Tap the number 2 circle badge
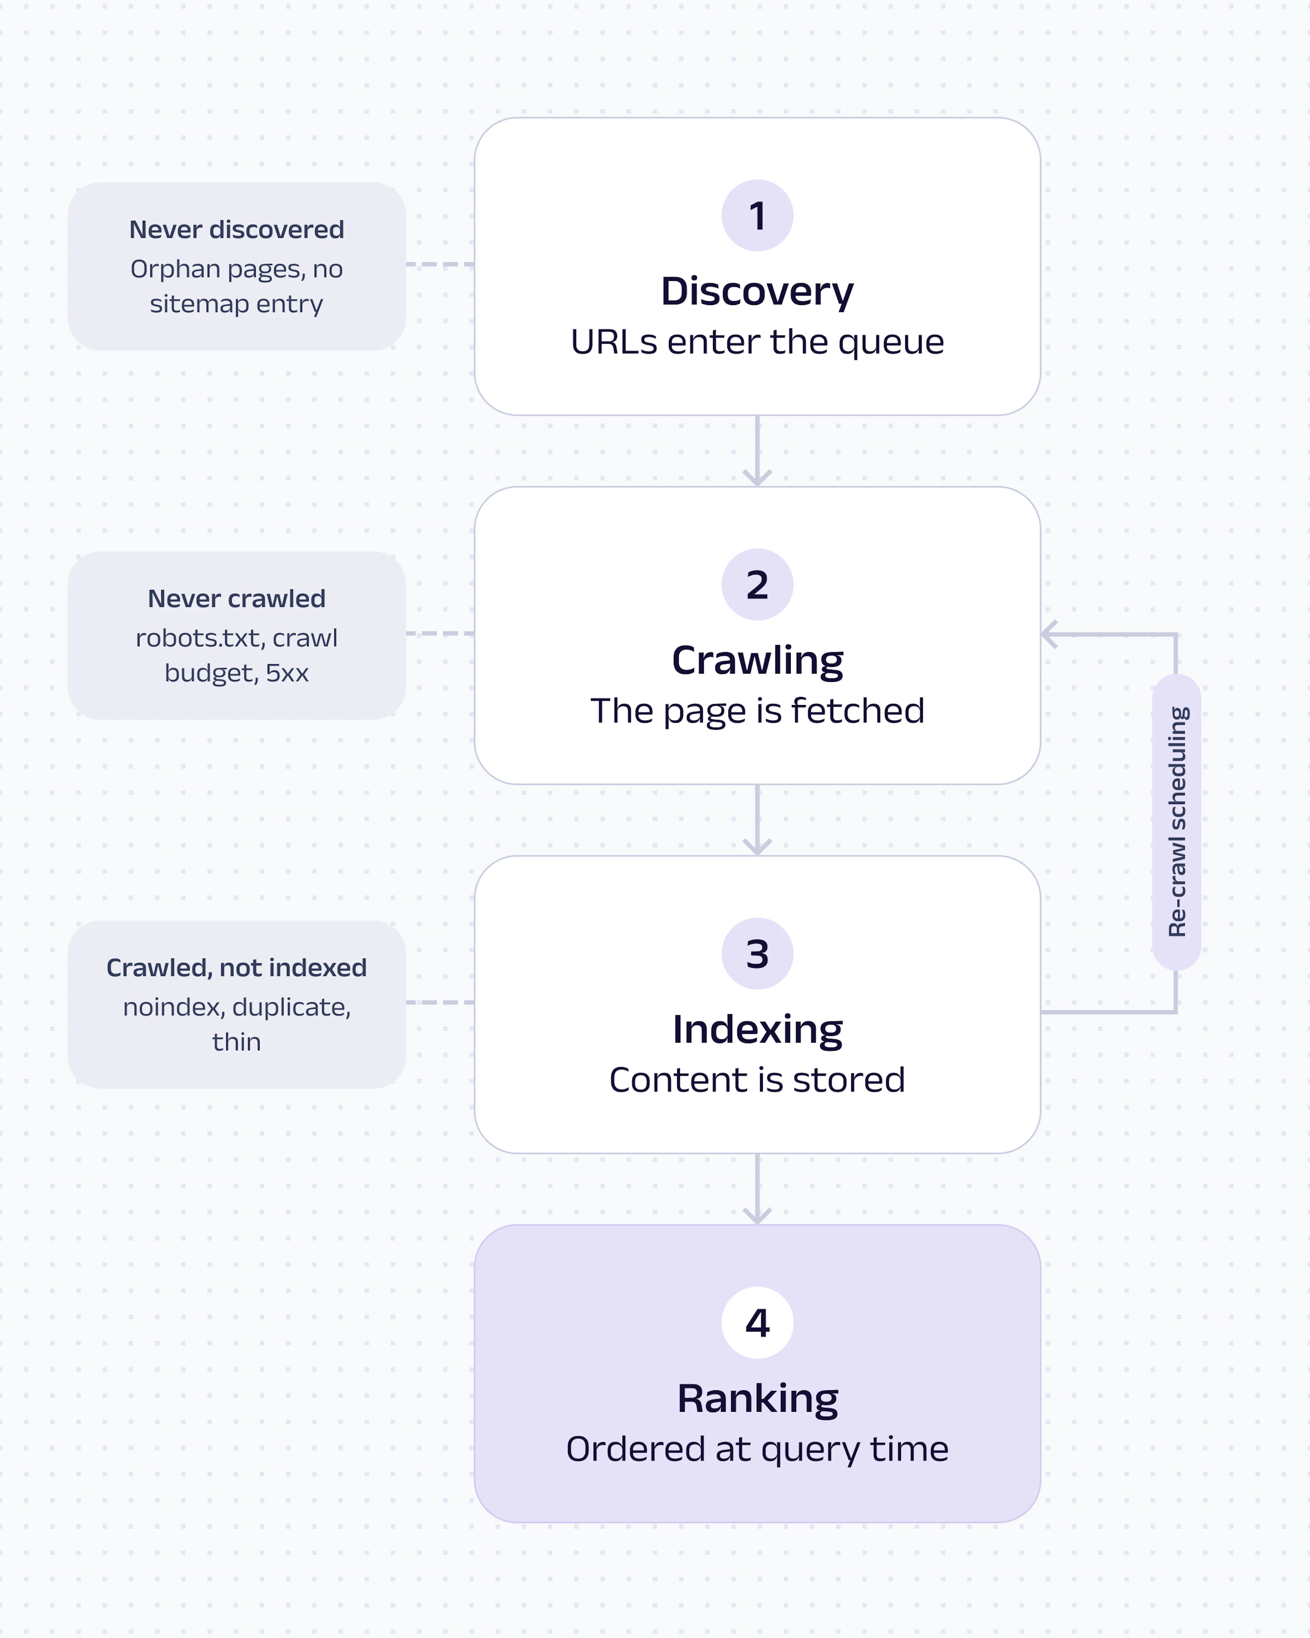coord(757,584)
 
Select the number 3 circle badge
coord(757,953)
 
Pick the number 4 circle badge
coord(757,1323)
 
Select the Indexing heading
coord(757,1030)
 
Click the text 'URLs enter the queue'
coord(757,342)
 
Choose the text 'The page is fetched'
coord(757,711)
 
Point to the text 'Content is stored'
coord(757,1080)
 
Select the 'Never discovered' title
coord(236,229)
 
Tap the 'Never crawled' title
coord(236,599)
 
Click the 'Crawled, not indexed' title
coord(236,968)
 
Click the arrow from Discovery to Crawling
coord(757,450)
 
